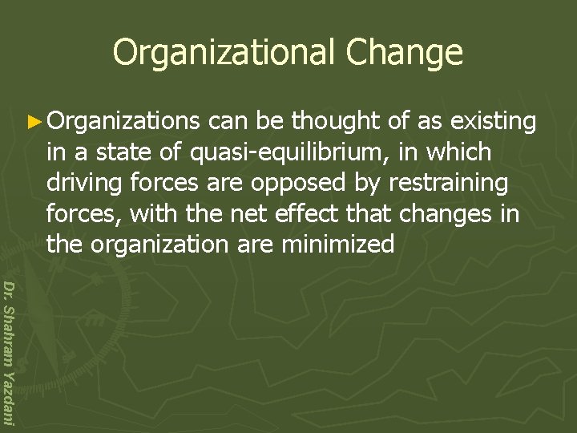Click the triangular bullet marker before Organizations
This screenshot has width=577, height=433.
point(36,122)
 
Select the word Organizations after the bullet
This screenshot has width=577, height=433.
point(123,122)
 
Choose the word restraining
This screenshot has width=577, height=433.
point(448,184)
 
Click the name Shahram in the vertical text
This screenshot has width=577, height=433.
point(8,336)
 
